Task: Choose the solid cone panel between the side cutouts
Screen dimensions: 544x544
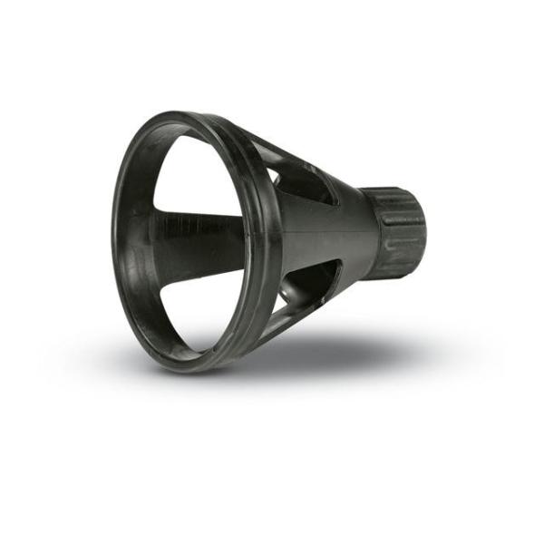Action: point(317,231)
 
